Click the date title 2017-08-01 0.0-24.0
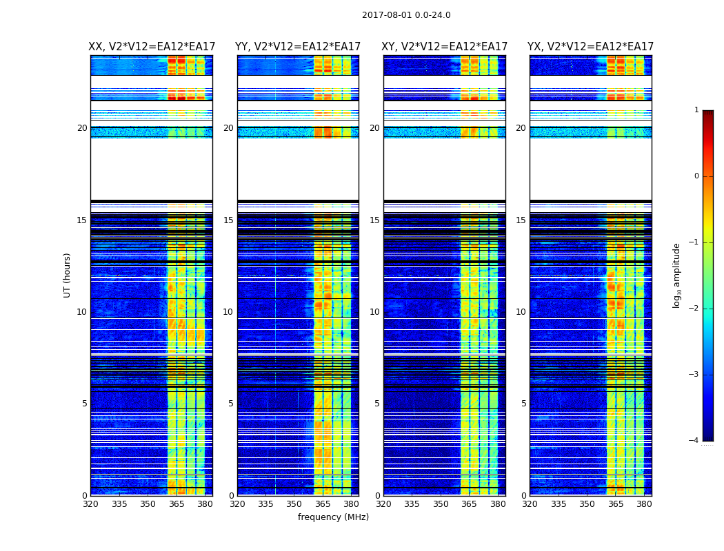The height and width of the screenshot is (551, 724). pyautogui.click(x=406, y=15)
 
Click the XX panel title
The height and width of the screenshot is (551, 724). pyautogui.click(x=152, y=47)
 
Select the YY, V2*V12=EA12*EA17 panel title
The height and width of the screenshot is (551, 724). pyautogui.click(x=298, y=47)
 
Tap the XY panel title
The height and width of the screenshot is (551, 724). pyautogui.click(x=445, y=47)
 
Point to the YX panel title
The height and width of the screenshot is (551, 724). pyautogui.click(x=591, y=47)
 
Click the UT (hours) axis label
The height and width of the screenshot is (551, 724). pyautogui.click(x=67, y=275)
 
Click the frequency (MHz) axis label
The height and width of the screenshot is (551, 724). pyautogui.click(x=333, y=517)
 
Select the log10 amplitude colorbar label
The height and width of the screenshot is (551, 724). pyautogui.click(x=677, y=275)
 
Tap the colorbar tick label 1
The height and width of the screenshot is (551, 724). pyautogui.click(x=696, y=110)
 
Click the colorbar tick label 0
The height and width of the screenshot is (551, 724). pyautogui.click(x=696, y=176)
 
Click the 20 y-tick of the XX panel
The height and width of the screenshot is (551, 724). pyautogui.click(x=82, y=128)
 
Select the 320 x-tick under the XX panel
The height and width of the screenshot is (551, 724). pyautogui.click(x=90, y=504)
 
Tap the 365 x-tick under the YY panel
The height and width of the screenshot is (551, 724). pyautogui.click(x=323, y=504)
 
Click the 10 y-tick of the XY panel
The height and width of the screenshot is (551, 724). pyautogui.click(x=375, y=312)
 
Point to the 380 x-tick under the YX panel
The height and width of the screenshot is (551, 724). pyautogui.click(x=644, y=504)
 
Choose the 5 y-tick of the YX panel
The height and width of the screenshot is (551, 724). pyautogui.click(x=524, y=404)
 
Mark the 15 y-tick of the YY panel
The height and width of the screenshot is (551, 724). pyautogui.click(x=228, y=220)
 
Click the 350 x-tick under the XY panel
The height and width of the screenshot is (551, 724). pyautogui.click(x=441, y=504)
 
